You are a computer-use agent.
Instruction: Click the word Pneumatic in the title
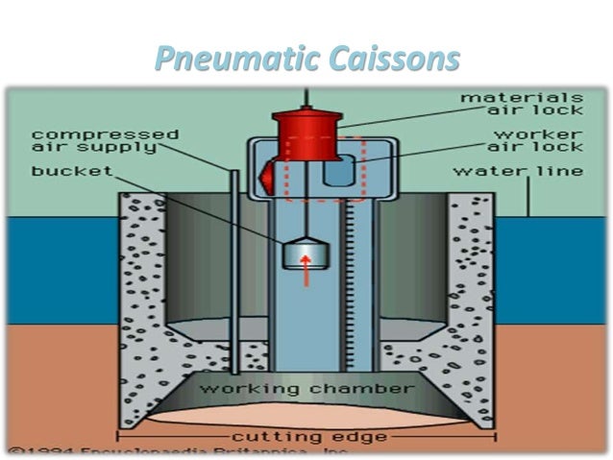[228, 59]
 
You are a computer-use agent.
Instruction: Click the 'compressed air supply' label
[105, 140]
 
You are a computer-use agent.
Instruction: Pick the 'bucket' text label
[71, 171]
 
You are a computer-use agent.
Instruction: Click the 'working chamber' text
[306, 389]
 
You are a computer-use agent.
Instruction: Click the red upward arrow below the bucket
[306, 275]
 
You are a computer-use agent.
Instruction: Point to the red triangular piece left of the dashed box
[268, 175]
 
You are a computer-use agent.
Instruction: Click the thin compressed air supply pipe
[233, 278]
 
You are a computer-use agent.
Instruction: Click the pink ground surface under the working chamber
[306, 415]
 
